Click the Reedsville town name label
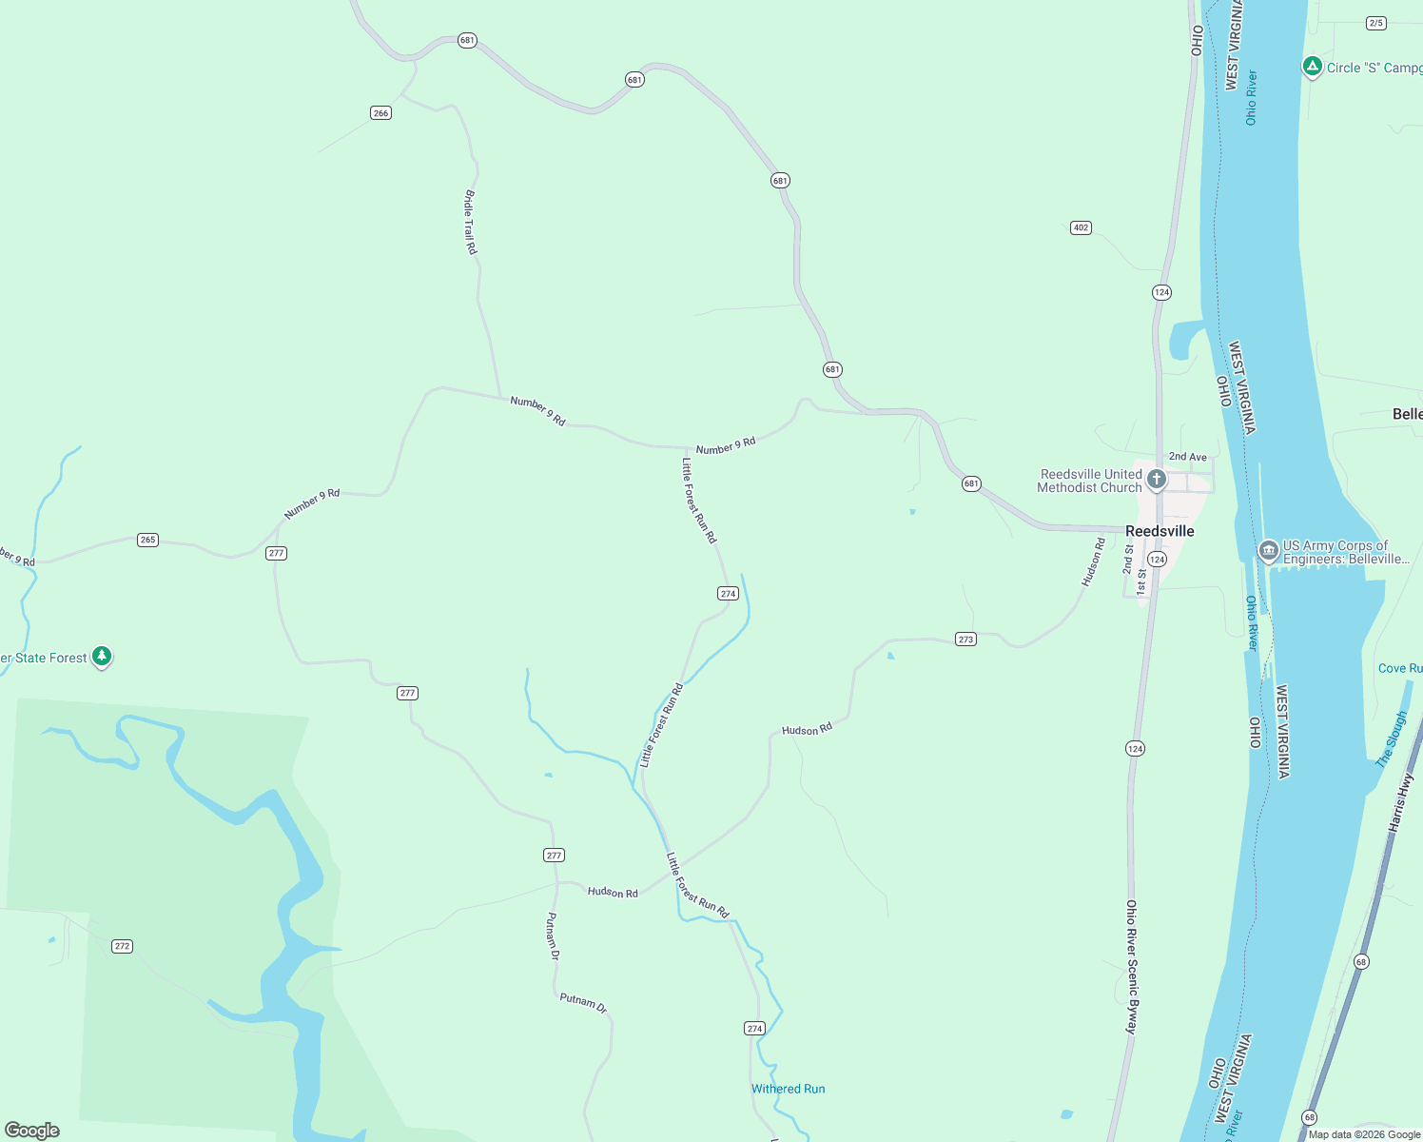[x=1160, y=531]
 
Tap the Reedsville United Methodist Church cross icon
[x=1157, y=479]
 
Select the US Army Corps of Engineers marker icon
[x=1268, y=551]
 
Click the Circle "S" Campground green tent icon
[x=1313, y=67]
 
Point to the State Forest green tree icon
[x=102, y=657]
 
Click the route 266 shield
[x=380, y=113]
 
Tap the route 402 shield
[x=1081, y=227]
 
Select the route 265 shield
[x=147, y=540]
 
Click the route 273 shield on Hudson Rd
[x=965, y=640]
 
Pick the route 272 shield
[x=122, y=946]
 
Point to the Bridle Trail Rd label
[x=470, y=222]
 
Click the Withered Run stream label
[x=788, y=1089]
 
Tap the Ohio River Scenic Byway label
[x=1131, y=967]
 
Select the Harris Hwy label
[x=1401, y=803]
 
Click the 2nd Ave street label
[x=1187, y=457]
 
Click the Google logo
[x=32, y=1131]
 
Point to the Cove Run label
[x=1400, y=668]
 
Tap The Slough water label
[x=1391, y=739]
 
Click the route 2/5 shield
[x=1375, y=23]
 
